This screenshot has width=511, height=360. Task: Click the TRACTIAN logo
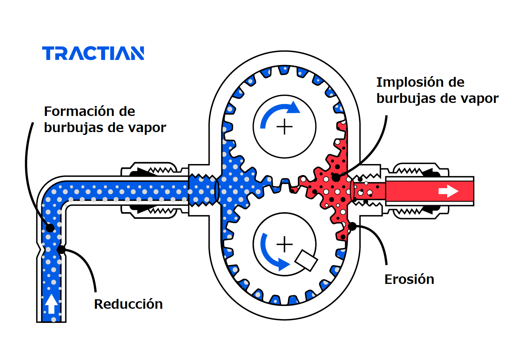pos(93,53)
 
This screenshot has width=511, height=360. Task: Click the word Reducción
pos(128,304)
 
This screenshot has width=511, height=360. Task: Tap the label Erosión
pos(409,279)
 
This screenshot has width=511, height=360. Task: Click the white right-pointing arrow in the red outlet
pos(448,192)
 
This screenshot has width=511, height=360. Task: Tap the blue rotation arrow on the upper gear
pos(278,112)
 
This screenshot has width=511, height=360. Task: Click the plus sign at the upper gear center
pos(284,127)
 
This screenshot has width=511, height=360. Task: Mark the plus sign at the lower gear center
pos(284,244)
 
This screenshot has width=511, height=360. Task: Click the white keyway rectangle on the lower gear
pos(307,260)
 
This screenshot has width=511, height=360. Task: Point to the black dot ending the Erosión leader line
pos(352,226)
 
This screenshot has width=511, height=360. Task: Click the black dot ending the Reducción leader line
pos(61,250)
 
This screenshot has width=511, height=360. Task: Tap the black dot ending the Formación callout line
pos(50,228)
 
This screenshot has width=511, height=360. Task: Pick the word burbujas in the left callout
pos(71,128)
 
